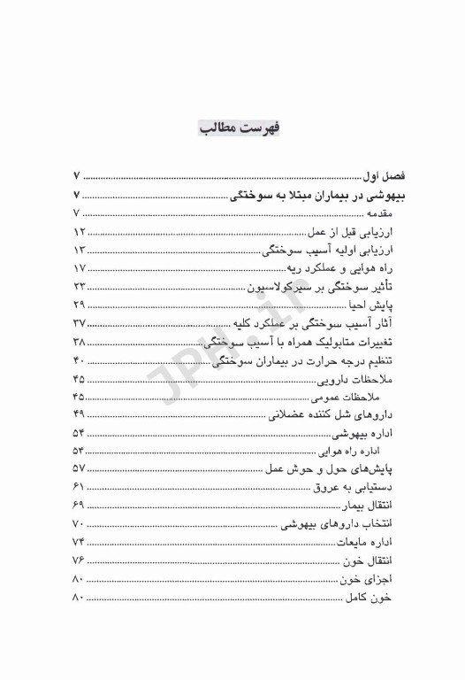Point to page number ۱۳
(x=78, y=251)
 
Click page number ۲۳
(x=78, y=289)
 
